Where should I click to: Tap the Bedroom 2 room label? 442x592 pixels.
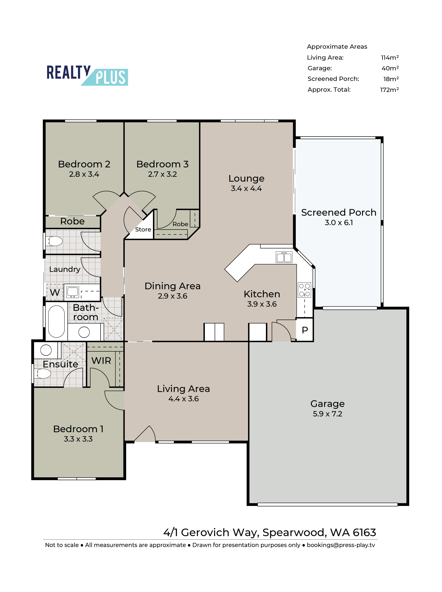coord(84,164)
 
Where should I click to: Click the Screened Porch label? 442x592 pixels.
coord(339,213)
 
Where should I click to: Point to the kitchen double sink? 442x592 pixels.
coord(284,257)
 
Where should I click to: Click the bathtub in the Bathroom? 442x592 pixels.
coord(56,321)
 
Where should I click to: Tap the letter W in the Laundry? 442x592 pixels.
coord(55,292)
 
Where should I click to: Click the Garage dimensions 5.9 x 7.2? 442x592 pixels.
coord(327,414)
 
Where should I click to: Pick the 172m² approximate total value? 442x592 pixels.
coord(389,90)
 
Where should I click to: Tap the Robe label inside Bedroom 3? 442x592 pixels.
coord(180,224)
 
